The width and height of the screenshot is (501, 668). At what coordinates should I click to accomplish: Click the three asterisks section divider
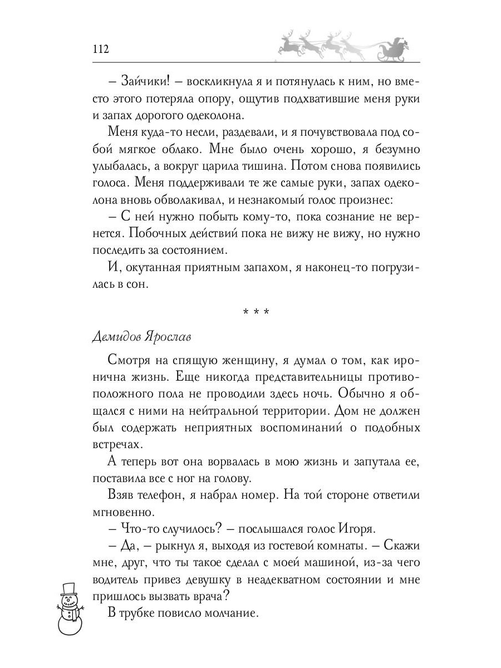tap(256, 311)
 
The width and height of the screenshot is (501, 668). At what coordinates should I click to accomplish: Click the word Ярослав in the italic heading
tap(171, 337)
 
